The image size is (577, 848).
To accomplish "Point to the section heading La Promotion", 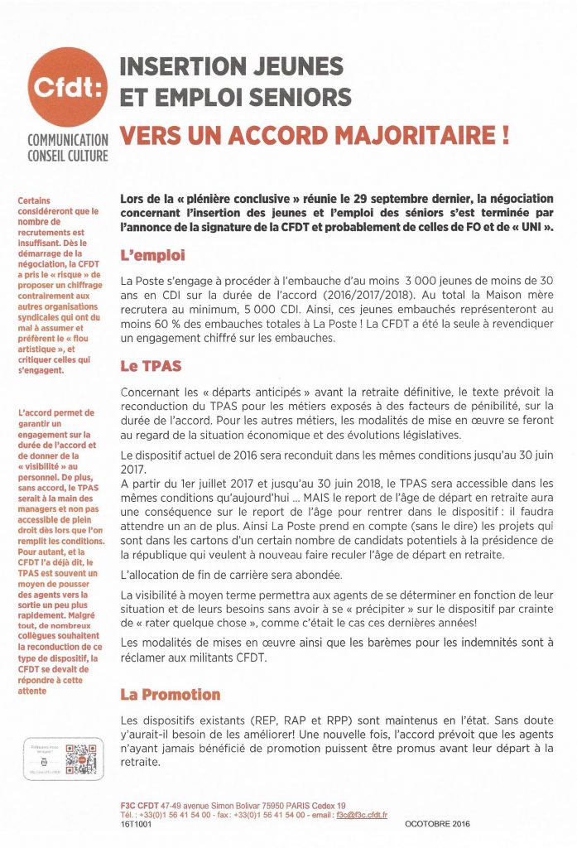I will pos(170,694).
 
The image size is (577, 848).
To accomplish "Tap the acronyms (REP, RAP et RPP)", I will pos(272,721).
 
